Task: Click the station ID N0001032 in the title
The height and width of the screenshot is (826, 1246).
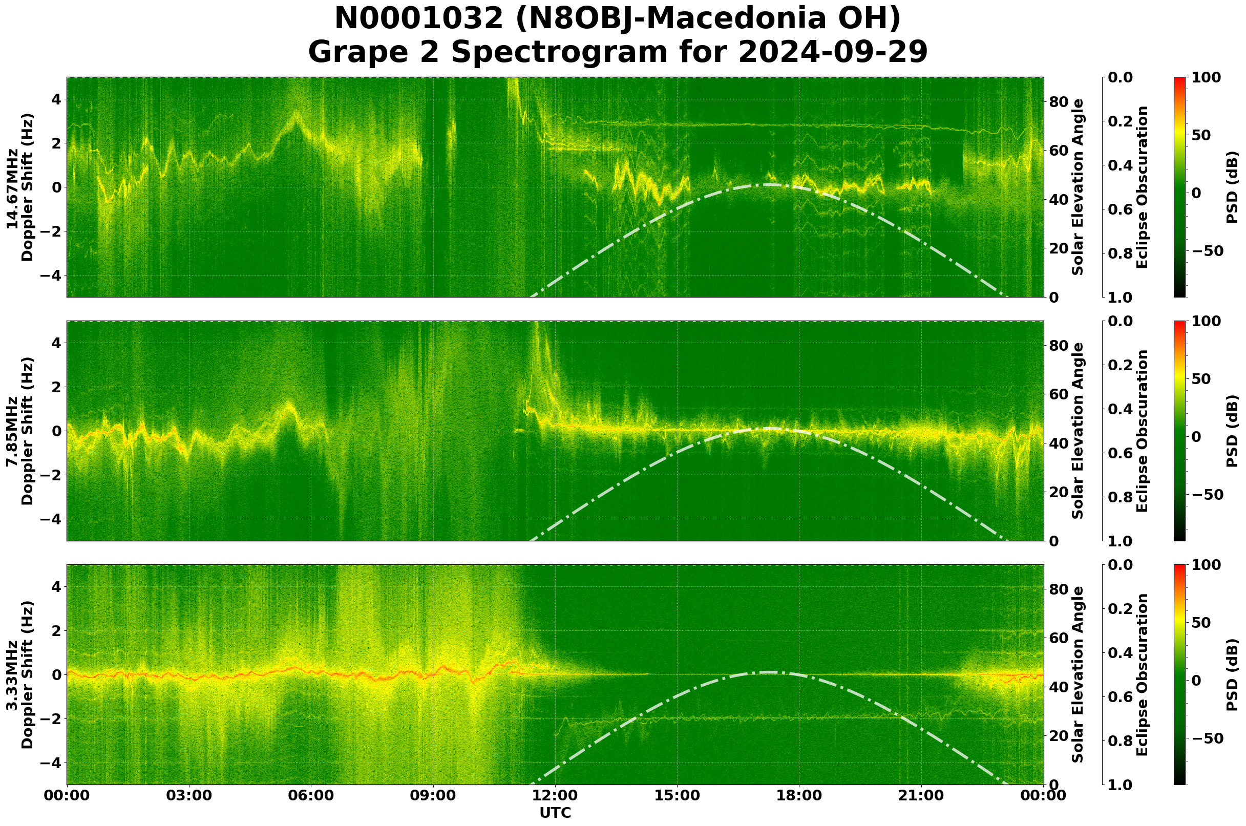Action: click(x=419, y=19)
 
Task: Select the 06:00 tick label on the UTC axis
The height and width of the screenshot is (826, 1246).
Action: click(x=311, y=795)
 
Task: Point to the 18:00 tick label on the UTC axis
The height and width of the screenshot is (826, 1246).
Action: click(x=799, y=795)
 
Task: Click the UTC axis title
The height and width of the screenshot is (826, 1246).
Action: click(x=555, y=813)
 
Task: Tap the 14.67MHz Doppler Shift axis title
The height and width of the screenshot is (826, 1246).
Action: click(x=19, y=187)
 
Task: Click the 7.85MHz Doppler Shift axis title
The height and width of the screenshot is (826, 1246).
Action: click(x=19, y=431)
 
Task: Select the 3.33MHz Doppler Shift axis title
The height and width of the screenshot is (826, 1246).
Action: click(x=19, y=675)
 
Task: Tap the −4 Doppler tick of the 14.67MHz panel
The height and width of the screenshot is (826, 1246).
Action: click(x=51, y=275)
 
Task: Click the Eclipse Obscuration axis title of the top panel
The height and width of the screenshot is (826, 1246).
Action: click(x=1142, y=187)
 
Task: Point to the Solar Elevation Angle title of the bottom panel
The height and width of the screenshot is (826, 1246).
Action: click(x=1078, y=675)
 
